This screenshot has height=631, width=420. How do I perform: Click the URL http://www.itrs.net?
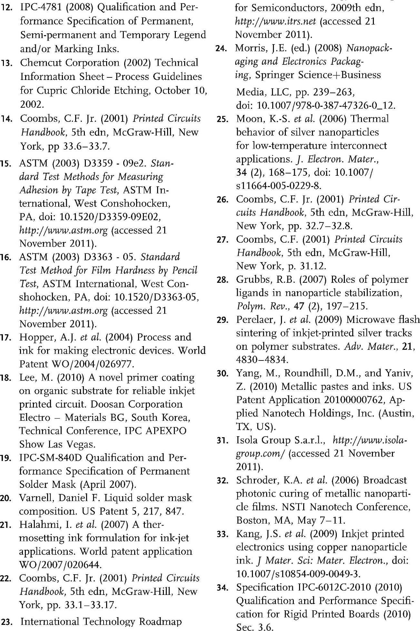tap(277, 21)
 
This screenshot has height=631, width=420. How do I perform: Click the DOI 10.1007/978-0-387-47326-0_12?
tap(326, 106)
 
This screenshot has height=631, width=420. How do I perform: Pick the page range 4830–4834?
tap(262, 359)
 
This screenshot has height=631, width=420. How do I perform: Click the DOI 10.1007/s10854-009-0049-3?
tap(298, 574)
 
